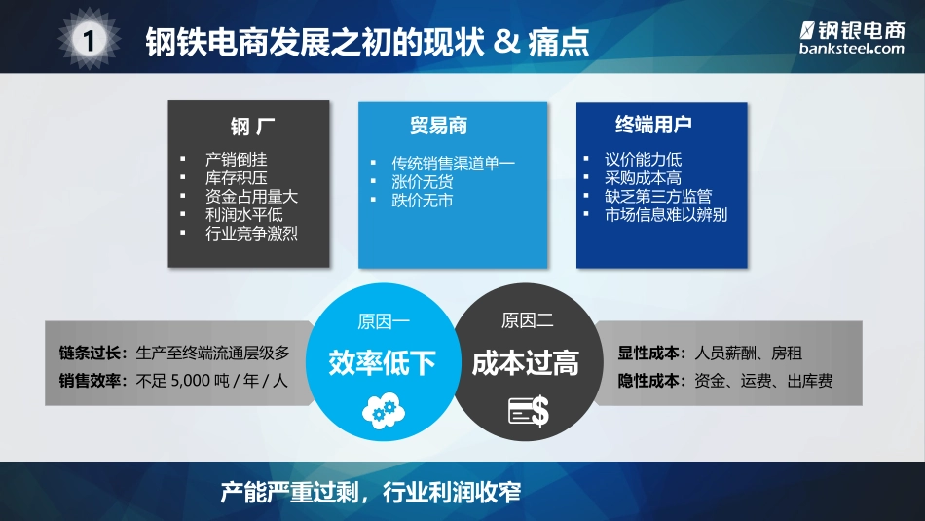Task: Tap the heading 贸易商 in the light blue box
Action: coord(438,127)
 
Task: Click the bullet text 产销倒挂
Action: coord(237,159)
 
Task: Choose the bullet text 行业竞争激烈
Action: coord(251,233)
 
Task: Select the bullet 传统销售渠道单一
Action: coord(453,163)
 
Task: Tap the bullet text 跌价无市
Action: coord(422,200)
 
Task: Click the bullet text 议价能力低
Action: coord(643,159)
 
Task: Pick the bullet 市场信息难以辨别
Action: coord(665,214)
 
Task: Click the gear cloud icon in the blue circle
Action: coord(381,412)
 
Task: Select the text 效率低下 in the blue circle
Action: coord(382,363)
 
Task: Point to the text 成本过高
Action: coord(526,363)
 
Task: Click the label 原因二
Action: coord(527,321)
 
